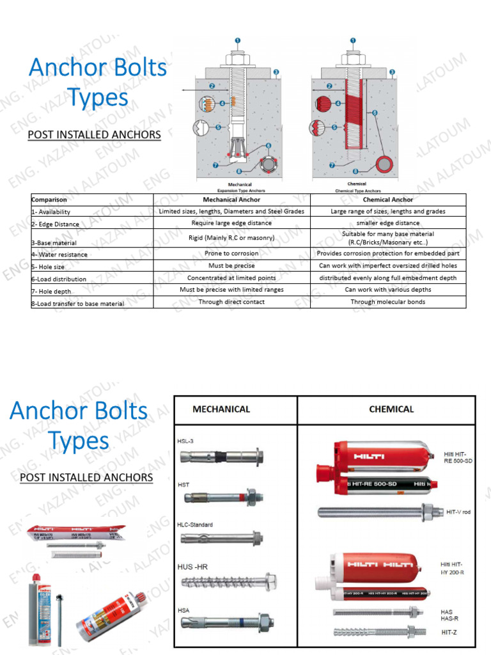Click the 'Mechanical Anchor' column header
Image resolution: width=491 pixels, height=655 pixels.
click(231, 200)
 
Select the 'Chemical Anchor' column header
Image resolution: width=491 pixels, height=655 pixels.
click(388, 200)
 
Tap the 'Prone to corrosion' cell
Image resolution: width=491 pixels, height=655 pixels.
click(231, 253)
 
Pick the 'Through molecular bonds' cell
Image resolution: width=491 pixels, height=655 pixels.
click(388, 302)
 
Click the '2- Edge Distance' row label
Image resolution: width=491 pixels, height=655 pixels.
click(55, 224)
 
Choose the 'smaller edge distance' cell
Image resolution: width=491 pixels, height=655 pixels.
click(388, 223)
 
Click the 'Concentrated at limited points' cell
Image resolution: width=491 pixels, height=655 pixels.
click(231, 278)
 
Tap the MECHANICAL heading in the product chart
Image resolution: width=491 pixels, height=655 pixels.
click(221, 409)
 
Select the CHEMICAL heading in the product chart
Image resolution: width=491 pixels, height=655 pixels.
click(391, 409)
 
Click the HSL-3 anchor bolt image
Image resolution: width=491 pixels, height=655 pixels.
click(221, 457)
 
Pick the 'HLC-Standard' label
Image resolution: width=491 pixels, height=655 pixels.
click(195, 525)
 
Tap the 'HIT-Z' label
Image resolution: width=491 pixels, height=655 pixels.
click(449, 633)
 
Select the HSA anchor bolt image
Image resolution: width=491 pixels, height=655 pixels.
click(227, 620)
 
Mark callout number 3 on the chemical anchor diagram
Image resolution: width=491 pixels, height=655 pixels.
click(392, 72)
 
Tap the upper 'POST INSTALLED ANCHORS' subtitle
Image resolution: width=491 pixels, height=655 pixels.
click(94, 135)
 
